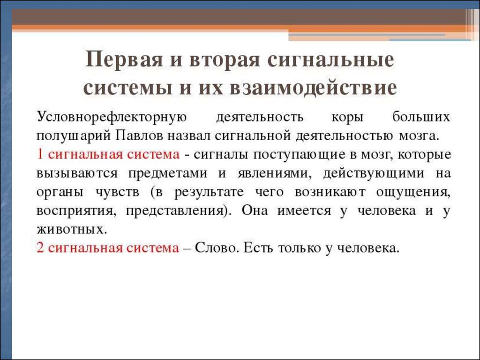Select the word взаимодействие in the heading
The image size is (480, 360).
313,88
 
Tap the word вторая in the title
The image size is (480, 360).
225,60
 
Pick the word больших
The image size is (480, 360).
421,117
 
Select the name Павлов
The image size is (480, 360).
140,135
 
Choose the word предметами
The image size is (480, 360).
168,173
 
